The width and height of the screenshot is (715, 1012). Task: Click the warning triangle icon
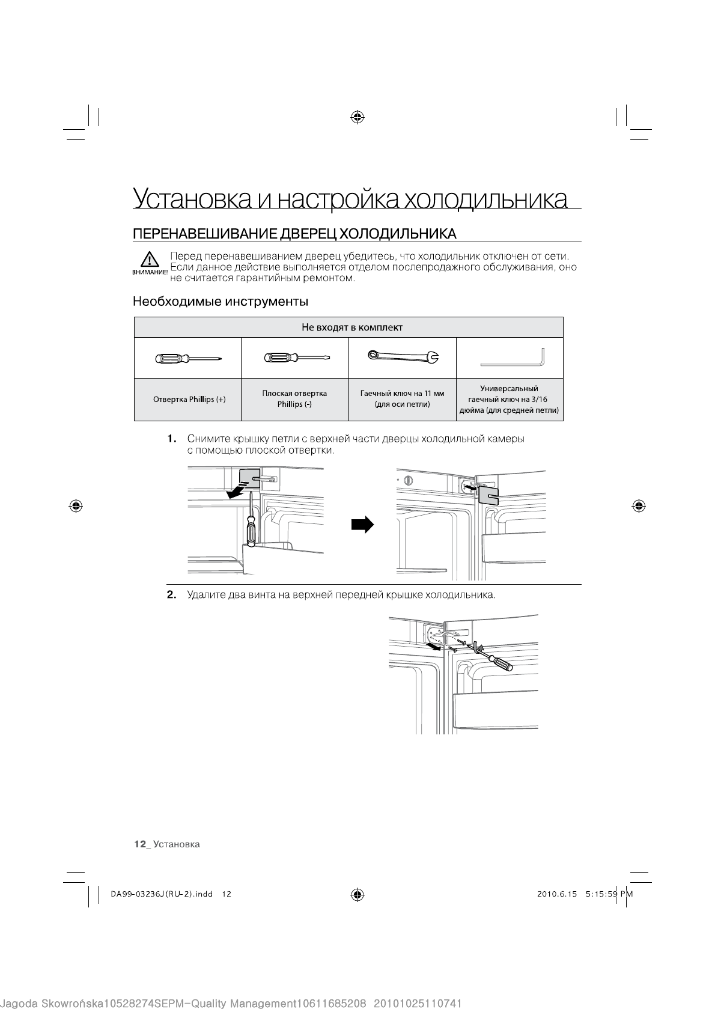[147, 260]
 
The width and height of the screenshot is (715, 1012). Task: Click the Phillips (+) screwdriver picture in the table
[188, 358]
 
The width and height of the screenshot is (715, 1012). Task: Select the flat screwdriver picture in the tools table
[296, 358]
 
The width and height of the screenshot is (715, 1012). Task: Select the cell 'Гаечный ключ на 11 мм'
[402, 399]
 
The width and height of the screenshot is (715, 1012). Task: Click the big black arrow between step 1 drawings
[362, 525]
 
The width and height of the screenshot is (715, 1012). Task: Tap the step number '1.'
[172, 439]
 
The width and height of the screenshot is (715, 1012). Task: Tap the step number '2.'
[172, 596]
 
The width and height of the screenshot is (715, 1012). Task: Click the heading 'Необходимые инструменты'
[221, 300]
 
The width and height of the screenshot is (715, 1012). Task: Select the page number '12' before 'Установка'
[140, 844]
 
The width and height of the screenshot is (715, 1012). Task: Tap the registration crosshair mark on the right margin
[638, 505]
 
